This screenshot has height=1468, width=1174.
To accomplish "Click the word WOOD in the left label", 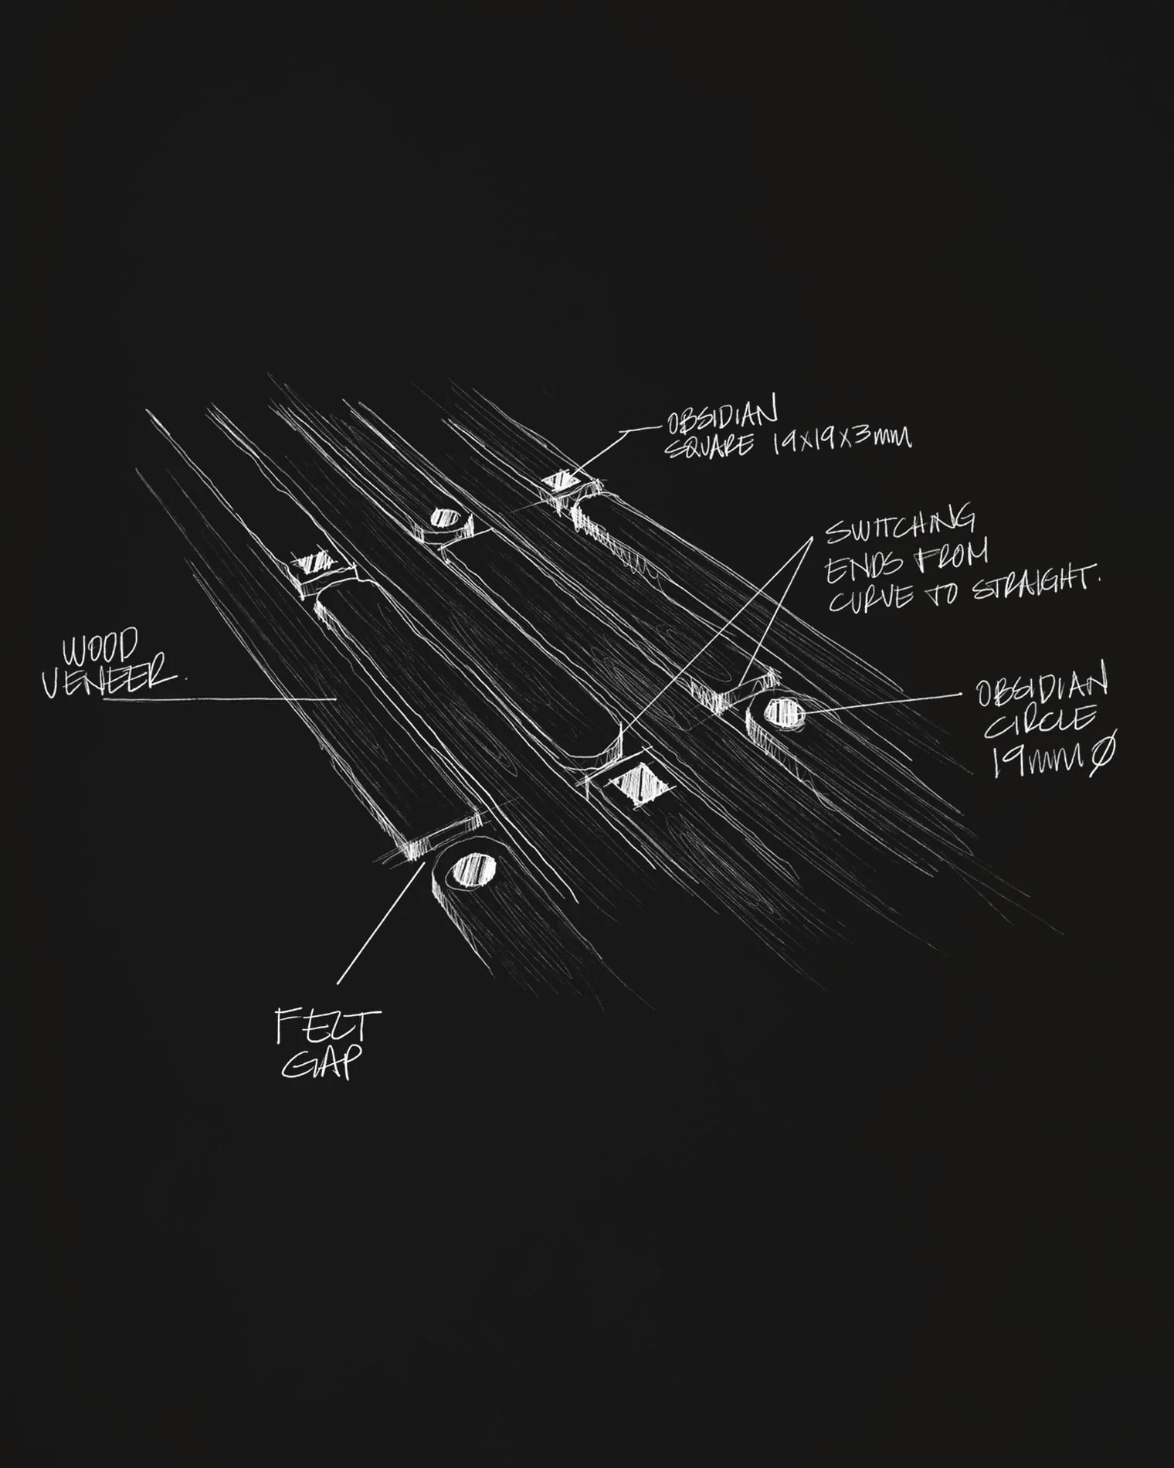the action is click(x=101, y=647).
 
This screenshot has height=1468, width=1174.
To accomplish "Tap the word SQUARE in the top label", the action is click(x=709, y=446).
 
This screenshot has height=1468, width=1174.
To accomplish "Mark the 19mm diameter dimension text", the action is click(x=1053, y=755).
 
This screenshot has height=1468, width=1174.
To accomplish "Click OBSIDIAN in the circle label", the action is click(x=1042, y=685).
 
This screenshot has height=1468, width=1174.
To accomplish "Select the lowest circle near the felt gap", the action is click(x=472, y=870).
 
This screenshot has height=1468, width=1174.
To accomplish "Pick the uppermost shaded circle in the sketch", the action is click(x=444, y=517).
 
